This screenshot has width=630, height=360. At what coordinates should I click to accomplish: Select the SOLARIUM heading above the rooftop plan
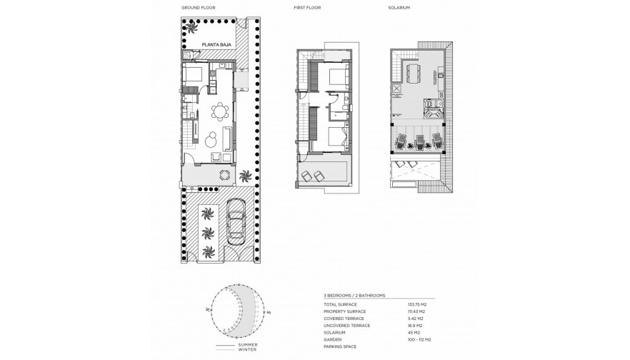401,7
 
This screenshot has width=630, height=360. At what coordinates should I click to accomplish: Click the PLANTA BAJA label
215,45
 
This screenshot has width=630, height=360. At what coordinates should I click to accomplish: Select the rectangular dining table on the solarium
414,71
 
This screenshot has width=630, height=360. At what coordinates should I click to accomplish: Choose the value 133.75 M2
418,304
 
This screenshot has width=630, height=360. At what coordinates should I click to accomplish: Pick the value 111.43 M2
417,312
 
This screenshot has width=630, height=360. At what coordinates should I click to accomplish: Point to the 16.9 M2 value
415,325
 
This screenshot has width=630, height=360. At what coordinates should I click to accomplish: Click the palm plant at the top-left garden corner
191,26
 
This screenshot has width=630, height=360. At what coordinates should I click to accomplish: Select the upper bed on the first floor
336,76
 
